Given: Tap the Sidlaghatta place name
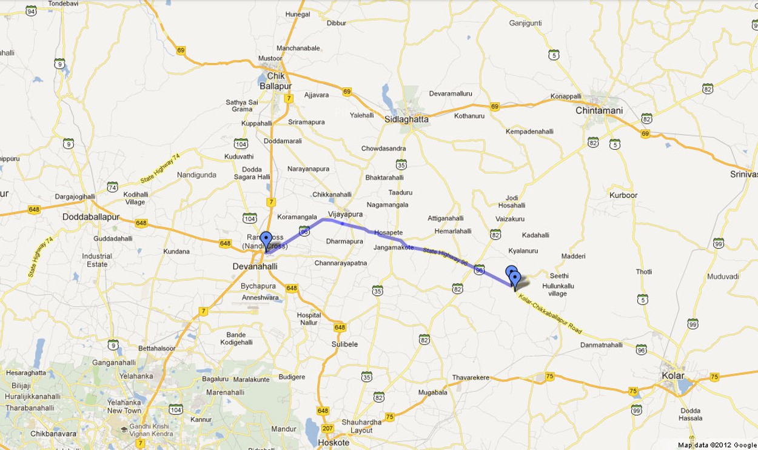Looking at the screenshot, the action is point(406,119).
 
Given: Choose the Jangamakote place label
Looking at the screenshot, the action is point(394,247).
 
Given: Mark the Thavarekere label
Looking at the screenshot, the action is point(470,377).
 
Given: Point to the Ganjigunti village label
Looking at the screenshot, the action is point(525,24).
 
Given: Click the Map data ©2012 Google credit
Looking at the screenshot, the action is point(716,445).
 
